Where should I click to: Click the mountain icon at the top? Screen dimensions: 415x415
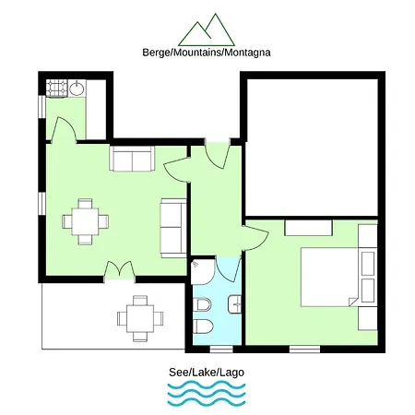tap(207, 30)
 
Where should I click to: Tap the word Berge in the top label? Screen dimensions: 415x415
tap(156, 53)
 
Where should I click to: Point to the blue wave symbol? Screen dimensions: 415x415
tap(207, 393)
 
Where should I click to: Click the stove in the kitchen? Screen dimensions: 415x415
tap(56, 89)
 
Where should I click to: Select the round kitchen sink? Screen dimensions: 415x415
tap(77, 89)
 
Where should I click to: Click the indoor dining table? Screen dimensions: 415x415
tap(85, 221)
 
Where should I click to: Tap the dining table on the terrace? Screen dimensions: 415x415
tap(140, 318)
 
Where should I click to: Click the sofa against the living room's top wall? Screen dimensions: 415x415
tap(132, 159)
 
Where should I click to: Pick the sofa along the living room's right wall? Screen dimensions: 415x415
tap(173, 228)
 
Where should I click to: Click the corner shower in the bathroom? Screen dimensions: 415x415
tap(203, 272)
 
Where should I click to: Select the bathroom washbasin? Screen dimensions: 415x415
tap(234, 304)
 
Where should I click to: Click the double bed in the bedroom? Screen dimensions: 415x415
tap(329, 277)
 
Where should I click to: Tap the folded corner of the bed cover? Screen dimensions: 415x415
tap(354, 302)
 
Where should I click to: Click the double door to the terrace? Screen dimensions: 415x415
tap(120, 270)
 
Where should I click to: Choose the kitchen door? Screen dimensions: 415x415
tap(64, 130)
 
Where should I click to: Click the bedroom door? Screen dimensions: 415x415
tap(255, 238)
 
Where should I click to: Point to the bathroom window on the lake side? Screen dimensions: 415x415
tap(221, 350)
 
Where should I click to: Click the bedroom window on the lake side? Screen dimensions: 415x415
tap(304, 350)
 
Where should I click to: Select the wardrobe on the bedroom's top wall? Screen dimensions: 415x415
tap(309, 228)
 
